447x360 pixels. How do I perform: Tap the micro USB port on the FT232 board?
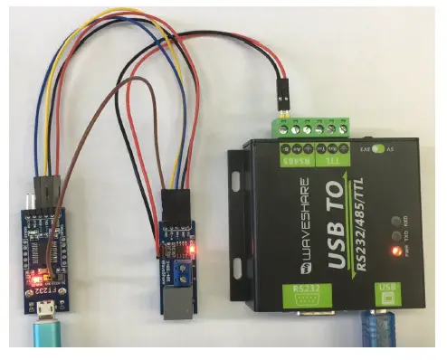pyautogui.click(x=44, y=317)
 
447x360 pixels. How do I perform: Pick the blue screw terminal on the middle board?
pyautogui.click(x=183, y=270)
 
